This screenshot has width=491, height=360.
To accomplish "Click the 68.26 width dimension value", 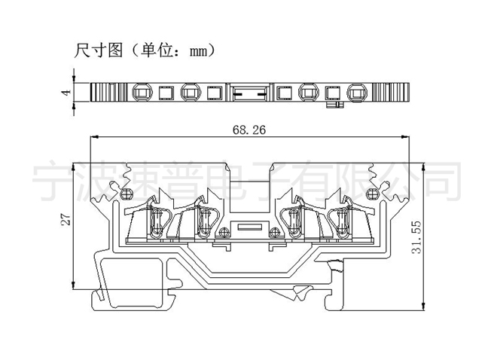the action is [249, 130].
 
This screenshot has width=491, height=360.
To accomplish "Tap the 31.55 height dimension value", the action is [416, 237].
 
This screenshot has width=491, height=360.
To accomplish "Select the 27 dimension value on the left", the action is [66, 219].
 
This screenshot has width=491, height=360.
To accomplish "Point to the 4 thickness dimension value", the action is [66, 93].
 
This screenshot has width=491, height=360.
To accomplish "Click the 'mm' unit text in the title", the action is [199, 51].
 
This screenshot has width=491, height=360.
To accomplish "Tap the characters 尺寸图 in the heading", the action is [98, 50].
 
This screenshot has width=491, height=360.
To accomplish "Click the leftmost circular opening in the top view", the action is [142, 93].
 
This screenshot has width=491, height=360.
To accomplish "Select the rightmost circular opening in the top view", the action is [357, 93].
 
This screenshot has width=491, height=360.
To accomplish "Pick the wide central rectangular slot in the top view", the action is [249, 93].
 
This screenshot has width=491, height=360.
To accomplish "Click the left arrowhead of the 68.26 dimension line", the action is [94, 137].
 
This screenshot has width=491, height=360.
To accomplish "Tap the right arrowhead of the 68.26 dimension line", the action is [405, 137].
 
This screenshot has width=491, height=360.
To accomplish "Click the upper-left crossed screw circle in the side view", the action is [127, 194].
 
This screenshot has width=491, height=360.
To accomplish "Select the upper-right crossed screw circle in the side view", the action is [372, 194].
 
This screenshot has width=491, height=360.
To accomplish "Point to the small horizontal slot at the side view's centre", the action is [249, 227].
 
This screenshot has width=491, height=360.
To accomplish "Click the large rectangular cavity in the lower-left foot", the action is [134, 281].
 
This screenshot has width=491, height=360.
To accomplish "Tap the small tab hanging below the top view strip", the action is [335, 105].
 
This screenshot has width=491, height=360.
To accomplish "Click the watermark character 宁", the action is [52, 181].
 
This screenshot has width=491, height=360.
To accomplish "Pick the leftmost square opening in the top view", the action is [166, 93].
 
